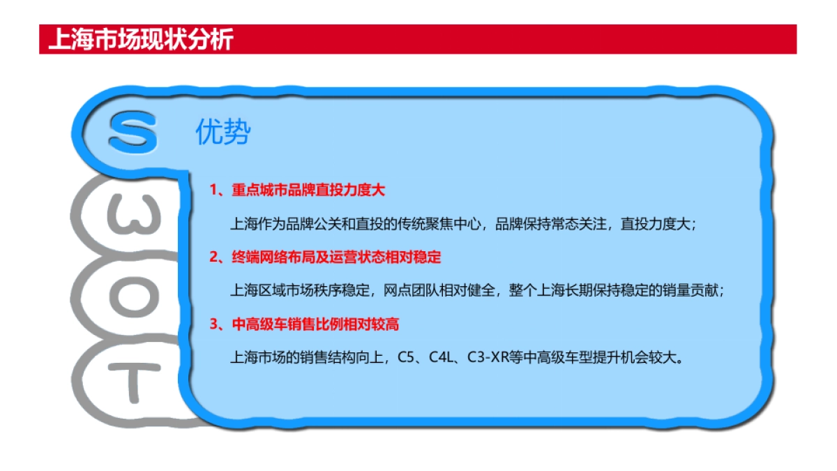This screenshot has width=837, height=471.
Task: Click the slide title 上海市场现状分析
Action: pyautogui.click(x=140, y=40)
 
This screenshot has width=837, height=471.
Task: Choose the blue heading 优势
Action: pyautogui.click(x=222, y=133)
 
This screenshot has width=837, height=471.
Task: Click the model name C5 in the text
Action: pyautogui.click(x=406, y=358)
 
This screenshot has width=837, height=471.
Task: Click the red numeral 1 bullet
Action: pyautogui.click(x=213, y=190)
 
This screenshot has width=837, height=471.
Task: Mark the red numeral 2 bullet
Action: pyautogui.click(x=213, y=257)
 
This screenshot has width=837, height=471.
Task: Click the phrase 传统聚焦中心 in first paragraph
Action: pyautogui.click(x=440, y=224)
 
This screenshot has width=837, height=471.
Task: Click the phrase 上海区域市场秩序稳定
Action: pyautogui.click(x=300, y=291)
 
